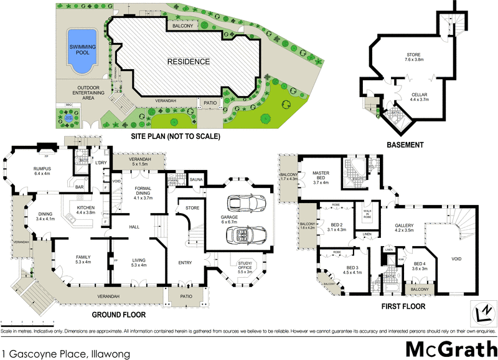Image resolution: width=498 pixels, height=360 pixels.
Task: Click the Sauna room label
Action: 197,179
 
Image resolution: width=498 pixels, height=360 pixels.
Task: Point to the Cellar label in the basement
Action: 419,95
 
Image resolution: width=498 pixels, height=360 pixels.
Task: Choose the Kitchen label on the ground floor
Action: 85,209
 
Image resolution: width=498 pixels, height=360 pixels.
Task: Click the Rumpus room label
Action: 45,171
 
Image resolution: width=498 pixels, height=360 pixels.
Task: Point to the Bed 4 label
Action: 419,265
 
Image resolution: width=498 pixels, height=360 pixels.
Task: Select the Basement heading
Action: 405,145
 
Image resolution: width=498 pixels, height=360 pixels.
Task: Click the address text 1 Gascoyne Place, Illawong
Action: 65,354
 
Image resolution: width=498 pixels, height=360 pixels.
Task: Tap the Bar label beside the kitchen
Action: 79,186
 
